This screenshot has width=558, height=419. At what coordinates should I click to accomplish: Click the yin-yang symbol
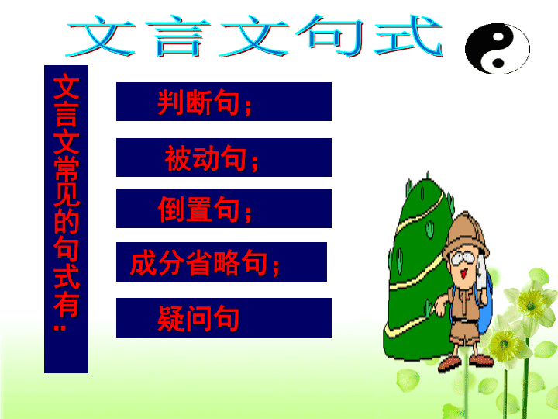click(497, 48)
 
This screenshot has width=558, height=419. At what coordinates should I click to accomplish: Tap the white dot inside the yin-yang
click(498, 36)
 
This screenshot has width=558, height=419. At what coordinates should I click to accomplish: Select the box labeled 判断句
click(224, 102)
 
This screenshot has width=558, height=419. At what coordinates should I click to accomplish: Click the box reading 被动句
click(224, 158)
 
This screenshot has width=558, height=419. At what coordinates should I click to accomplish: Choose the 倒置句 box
click(224, 209)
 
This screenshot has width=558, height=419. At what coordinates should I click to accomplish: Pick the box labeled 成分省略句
click(222, 262)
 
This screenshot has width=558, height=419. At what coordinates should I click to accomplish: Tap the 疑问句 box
click(224, 318)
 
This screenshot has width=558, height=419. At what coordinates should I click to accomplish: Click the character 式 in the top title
click(408, 36)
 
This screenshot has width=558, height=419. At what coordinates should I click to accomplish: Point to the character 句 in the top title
click(329, 36)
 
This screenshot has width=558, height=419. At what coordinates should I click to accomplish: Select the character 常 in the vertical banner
click(67, 168)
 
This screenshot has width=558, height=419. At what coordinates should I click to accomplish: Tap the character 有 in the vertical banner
click(67, 305)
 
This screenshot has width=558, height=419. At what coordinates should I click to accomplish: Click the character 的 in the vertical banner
click(67, 221)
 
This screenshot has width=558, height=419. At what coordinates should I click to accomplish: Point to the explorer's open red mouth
click(463, 274)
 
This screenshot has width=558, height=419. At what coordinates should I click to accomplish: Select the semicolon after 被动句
click(255, 162)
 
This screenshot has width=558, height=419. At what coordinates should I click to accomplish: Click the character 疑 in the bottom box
click(171, 318)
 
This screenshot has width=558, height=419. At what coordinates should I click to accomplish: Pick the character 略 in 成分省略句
click(226, 263)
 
